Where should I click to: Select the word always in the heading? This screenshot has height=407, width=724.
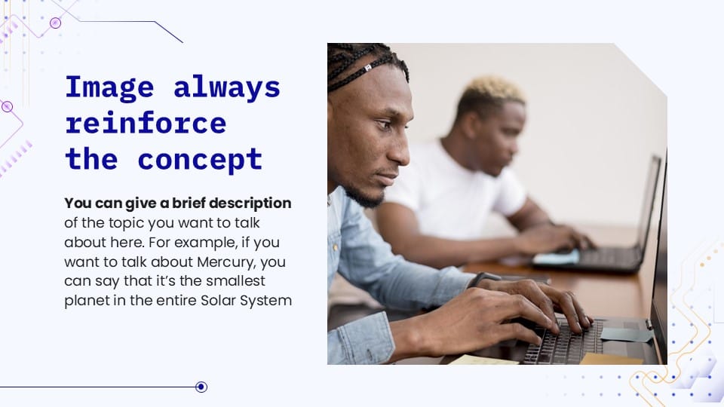pyautogui.click(x=227, y=87)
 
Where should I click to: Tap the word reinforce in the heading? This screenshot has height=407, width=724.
pyautogui.click(x=146, y=123)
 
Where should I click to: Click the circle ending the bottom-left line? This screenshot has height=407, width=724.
pyautogui.click(x=201, y=387)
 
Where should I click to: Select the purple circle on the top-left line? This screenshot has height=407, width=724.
pyautogui.click(x=55, y=23)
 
